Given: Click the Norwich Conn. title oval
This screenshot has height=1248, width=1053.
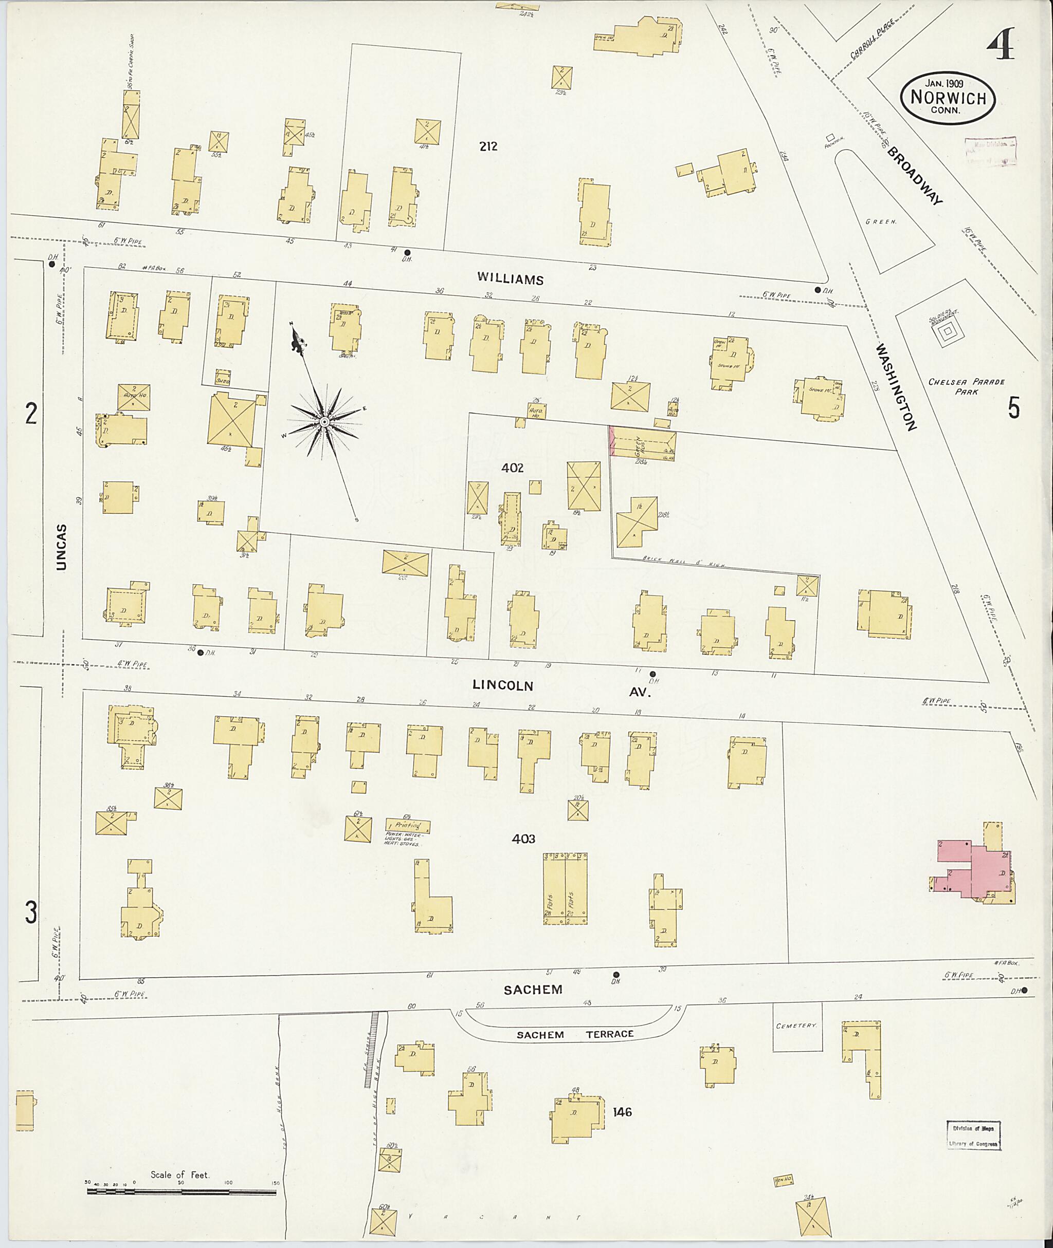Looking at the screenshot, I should (x=948, y=99).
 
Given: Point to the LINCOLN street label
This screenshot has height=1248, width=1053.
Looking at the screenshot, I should (x=503, y=685).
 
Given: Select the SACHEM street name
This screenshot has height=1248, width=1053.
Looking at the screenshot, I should (x=533, y=990).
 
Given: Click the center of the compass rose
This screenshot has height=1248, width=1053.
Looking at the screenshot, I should (x=323, y=422).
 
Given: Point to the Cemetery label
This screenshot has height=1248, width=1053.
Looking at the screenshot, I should (x=796, y=1026).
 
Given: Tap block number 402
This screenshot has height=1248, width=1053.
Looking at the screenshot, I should (x=512, y=468).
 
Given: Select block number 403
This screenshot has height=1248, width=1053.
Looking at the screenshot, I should (x=523, y=839).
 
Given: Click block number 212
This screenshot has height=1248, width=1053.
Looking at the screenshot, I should (x=488, y=146).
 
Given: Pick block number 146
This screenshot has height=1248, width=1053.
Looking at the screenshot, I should (x=622, y=1112).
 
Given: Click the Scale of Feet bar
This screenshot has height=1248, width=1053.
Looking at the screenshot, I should (x=181, y=1192).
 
